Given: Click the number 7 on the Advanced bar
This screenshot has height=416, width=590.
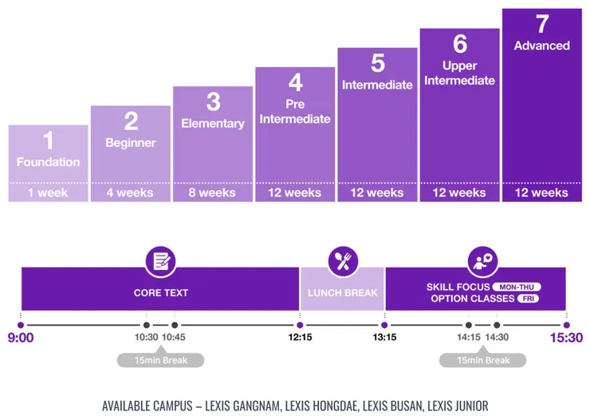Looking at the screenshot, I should pyautogui.click(x=541, y=23).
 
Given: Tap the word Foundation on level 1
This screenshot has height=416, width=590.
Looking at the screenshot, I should pyautogui.click(x=48, y=162).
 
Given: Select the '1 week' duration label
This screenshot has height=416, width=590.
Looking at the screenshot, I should pyautogui.click(x=48, y=192).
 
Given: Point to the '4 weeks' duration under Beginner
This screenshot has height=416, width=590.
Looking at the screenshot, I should pyautogui.click(x=130, y=192).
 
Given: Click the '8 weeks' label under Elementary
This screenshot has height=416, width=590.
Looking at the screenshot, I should pyautogui.click(x=212, y=192).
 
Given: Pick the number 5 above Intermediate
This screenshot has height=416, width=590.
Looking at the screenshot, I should pyautogui.click(x=377, y=63).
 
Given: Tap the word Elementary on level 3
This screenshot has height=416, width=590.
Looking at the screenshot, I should pyautogui.click(x=212, y=124).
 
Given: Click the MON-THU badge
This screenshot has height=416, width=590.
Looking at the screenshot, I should pyautogui.click(x=516, y=287).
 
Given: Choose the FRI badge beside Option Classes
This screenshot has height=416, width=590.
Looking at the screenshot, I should pyautogui.click(x=527, y=299).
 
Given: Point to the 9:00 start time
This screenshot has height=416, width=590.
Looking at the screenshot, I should pyautogui.click(x=21, y=338).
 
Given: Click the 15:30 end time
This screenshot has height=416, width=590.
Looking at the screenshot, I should pyautogui.click(x=566, y=338).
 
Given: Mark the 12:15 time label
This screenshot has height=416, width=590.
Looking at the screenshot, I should pyautogui.click(x=300, y=338).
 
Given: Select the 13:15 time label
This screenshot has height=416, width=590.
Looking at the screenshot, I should pyautogui.click(x=384, y=338).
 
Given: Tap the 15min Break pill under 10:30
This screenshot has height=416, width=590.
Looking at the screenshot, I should pyautogui.click(x=160, y=360).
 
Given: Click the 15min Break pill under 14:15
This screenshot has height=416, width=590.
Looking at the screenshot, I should pyautogui.click(x=482, y=360).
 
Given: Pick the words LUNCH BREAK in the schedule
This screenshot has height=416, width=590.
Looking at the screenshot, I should pyautogui.click(x=343, y=293).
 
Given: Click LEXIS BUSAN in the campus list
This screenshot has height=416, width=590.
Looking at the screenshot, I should pyautogui.click(x=395, y=406).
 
